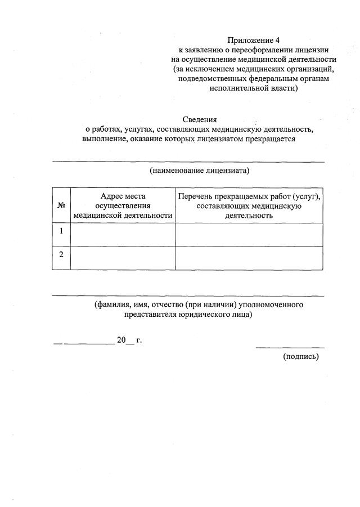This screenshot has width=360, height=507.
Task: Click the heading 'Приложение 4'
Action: pos(253,40)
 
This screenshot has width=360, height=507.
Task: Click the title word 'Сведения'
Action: pos(200,119)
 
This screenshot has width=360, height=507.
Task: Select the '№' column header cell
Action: pos(61,205)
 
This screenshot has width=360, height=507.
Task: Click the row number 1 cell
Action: pos(61,231)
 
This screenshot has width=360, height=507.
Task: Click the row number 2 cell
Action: pos(61,254)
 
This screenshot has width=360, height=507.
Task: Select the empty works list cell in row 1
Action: pos(249,234)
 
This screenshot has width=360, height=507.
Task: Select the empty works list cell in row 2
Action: pos(249,258)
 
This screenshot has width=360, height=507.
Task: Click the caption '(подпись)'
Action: pos(301,356)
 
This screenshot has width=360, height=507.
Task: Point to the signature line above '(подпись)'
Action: pos(290,347)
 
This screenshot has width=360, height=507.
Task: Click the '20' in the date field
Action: pos(121,340)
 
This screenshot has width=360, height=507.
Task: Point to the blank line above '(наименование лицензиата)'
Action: pos(188,162)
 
